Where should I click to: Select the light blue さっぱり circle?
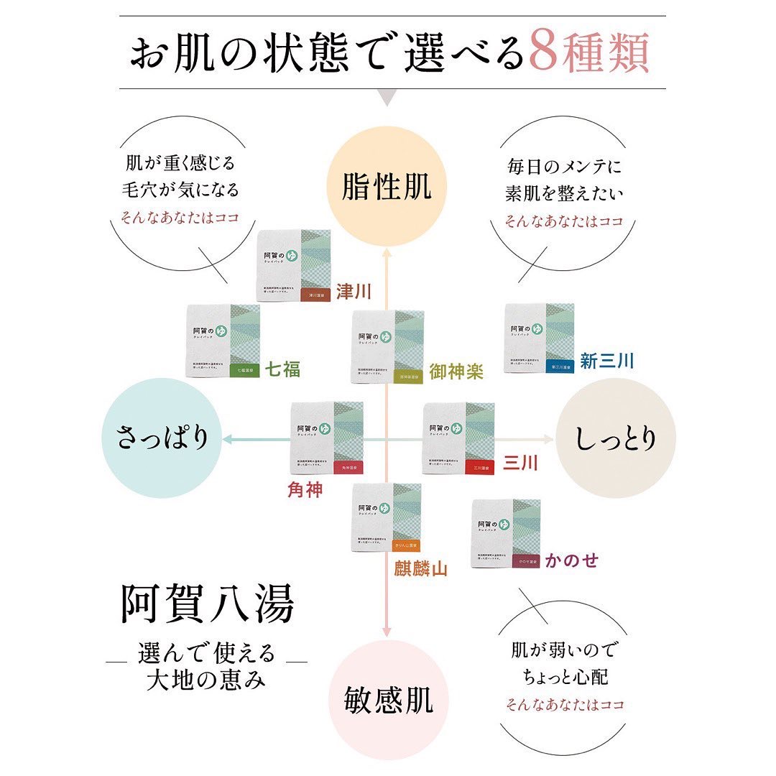tap(162, 438)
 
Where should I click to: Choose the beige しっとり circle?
tap(616, 438)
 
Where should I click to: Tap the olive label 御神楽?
tap(456, 371)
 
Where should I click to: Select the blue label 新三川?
tap(607, 361)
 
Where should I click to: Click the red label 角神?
tap(305, 491)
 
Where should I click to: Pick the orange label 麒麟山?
tap(420, 569)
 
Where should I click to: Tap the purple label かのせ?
tap(571, 560)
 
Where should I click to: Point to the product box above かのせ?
tap(504, 533)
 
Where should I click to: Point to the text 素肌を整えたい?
tap(564, 193)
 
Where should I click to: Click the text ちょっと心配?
tap(564, 677)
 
